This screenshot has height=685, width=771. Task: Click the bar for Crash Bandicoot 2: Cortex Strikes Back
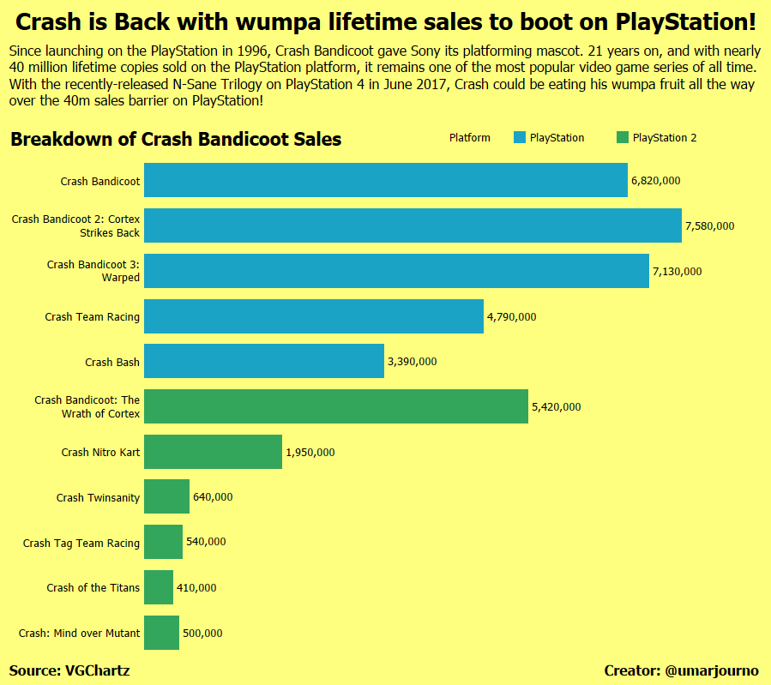tap(413, 225)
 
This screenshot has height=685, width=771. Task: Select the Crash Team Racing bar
tap(314, 316)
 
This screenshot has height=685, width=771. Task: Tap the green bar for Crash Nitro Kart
tap(213, 452)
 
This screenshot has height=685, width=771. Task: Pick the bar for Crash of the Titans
tap(159, 587)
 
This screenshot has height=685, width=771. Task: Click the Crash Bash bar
tap(263, 361)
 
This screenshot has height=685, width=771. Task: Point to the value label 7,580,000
tap(709, 226)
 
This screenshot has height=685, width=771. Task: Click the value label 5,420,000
tap(556, 406)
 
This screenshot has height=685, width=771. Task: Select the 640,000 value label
tap(213, 497)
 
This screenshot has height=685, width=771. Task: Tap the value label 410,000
tap(196, 588)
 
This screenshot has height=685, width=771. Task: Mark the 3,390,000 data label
tap(412, 362)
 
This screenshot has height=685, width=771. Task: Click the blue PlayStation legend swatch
tap(519, 138)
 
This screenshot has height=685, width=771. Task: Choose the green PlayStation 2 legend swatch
tap(623, 138)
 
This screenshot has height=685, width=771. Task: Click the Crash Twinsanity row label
tap(98, 498)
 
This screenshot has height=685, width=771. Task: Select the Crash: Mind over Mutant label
tap(79, 634)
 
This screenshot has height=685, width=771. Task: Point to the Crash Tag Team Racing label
tap(81, 543)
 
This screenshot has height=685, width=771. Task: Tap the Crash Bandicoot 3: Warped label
tap(93, 271)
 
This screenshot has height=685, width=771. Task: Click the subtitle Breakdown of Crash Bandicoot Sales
tap(176, 140)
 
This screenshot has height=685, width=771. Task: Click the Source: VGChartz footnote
tap(69, 670)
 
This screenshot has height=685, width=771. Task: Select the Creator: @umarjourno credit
tap(681, 670)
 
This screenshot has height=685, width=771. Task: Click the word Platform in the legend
tap(470, 138)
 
